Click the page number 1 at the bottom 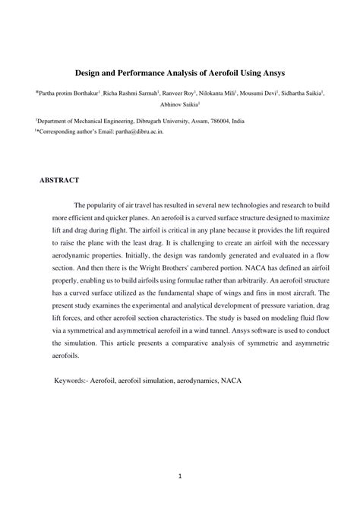pos(181,478)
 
